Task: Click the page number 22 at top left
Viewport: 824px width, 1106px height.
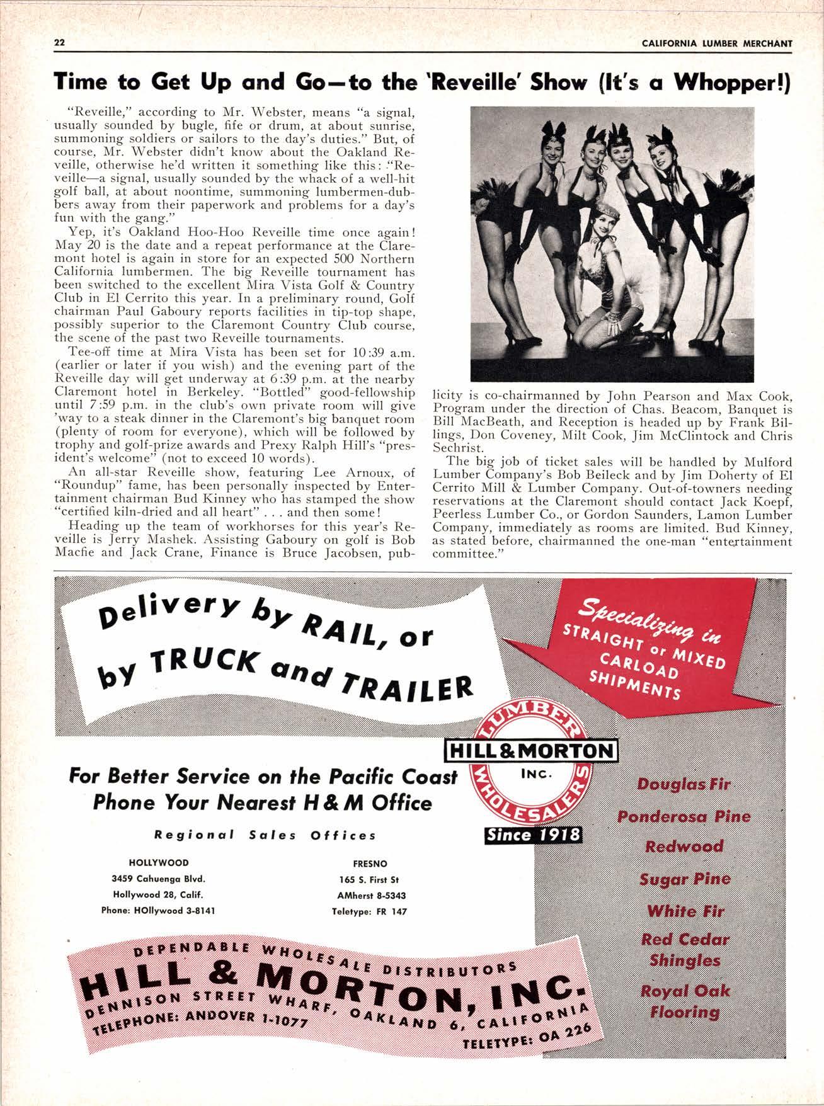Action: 60,43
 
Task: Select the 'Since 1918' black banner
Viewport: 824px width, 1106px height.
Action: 532,835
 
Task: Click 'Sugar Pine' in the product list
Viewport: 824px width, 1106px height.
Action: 685,879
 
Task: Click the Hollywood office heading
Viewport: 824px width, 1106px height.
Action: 158,863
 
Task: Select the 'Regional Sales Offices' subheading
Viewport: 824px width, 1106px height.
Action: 265,835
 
